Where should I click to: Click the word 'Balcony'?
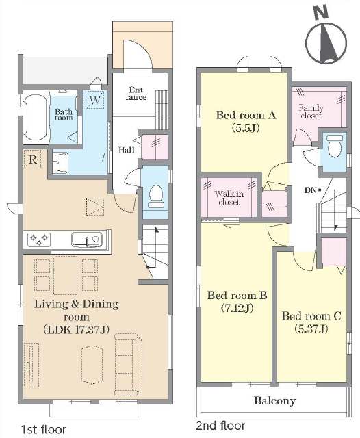click(275, 401)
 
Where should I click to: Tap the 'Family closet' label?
click(311, 112)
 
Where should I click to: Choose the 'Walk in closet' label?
click(229, 198)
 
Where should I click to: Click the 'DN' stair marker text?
click(310, 190)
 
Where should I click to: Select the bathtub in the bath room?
click(35, 117)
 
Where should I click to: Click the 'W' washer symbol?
click(95, 100)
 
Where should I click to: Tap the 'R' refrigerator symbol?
click(32, 159)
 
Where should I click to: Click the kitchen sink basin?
click(87, 240)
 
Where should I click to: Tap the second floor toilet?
click(335, 146)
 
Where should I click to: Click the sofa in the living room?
click(128, 365)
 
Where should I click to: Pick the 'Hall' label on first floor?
click(126, 150)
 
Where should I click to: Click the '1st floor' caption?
click(44, 429)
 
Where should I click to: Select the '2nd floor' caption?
click(220, 426)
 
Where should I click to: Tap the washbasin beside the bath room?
click(60, 162)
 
